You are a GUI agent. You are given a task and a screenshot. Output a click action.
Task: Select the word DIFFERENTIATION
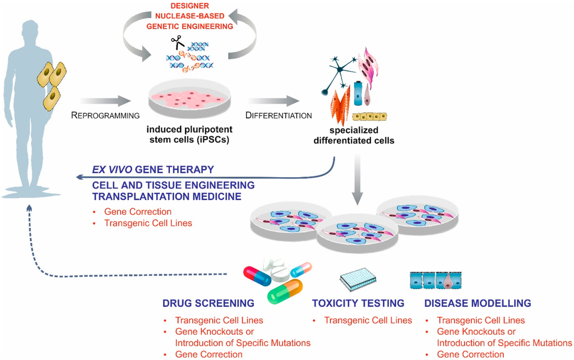(278, 116)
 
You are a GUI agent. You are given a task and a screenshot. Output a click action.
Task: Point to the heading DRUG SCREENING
(208, 303)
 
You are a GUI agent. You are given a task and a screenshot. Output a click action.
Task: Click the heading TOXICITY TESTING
(358, 303)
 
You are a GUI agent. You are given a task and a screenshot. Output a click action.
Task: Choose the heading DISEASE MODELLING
(478, 303)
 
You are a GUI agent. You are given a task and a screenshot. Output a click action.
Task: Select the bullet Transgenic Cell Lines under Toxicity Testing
(368, 321)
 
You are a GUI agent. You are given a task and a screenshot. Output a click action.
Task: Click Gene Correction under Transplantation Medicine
(138, 212)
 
